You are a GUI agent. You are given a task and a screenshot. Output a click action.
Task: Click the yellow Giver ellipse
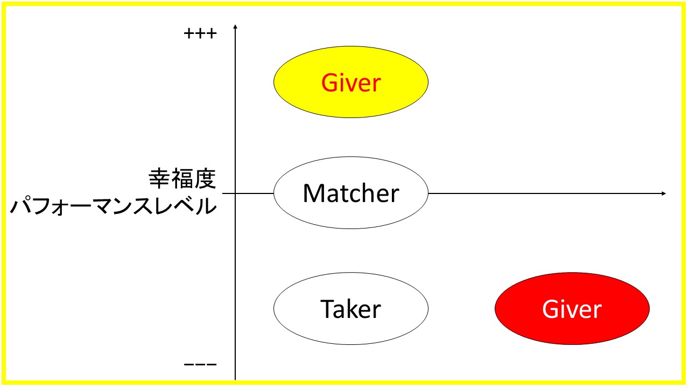[351, 82]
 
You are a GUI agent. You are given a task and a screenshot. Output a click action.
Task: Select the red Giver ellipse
[572, 309]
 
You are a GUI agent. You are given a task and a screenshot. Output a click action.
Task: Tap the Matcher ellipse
[351, 193]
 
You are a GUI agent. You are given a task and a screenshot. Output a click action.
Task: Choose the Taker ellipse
[351, 309]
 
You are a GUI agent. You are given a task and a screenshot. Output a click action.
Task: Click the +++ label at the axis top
[200, 33]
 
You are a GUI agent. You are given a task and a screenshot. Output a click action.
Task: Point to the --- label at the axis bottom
[200, 365]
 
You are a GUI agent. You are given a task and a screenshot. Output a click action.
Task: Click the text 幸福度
[182, 178]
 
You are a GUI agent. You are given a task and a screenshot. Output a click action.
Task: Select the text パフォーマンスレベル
[114, 205]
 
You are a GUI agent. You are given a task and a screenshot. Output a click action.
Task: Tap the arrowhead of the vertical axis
[235, 27]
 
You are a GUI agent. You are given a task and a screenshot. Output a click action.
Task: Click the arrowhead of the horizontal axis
[664, 193]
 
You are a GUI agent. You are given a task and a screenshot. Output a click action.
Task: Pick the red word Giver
[351, 83]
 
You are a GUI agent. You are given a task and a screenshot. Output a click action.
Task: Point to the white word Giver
[572, 309]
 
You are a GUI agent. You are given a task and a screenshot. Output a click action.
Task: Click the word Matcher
[351, 193]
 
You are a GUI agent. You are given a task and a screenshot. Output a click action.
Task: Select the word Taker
[350, 309]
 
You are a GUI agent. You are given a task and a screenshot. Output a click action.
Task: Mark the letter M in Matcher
[313, 193]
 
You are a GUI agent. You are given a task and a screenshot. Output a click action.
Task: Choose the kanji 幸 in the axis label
[159, 178]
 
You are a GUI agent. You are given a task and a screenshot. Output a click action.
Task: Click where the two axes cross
[235, 193]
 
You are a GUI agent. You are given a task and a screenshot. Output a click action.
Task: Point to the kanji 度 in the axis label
[205, 178]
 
